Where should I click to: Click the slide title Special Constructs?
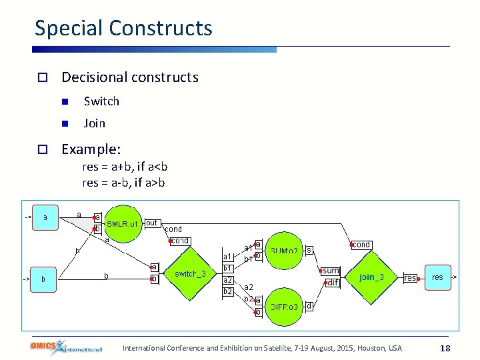(123, 28)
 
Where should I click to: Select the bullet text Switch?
(101, 101)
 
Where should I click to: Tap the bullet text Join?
(94, 123)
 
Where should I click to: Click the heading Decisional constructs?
(130, 77)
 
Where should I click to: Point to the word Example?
(91, 149)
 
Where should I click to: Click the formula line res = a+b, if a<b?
(125, 167)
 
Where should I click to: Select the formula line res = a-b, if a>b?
(125, 182)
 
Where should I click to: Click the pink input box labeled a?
(45, 217)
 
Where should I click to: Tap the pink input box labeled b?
(44, 279)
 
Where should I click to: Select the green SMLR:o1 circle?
(122, 224)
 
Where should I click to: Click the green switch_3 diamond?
(195, 274)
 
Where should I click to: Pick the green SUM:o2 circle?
(283, 251)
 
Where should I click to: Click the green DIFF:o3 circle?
(283, 307)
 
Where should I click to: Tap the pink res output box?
(437, 277)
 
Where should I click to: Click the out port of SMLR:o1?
(151, 223)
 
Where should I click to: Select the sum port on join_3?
(331, 271)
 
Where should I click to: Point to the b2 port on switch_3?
(227, 291)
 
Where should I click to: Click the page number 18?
(445, 348)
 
